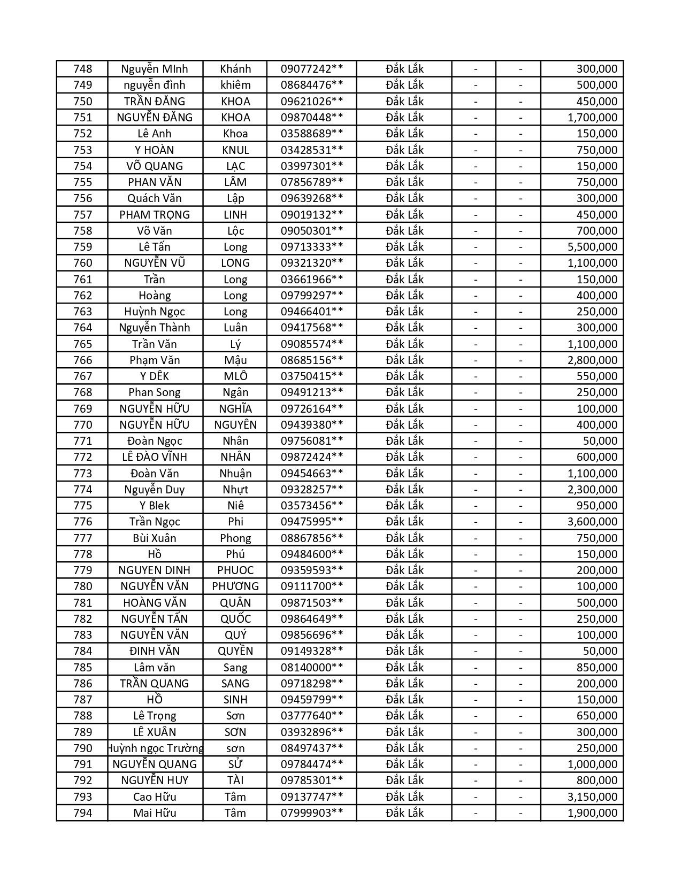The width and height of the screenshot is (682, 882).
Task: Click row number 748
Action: point(82,69)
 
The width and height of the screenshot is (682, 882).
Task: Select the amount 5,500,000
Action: point(592,247)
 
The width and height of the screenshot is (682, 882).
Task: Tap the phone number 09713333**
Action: point(311,247)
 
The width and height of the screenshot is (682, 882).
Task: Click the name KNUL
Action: point(235,150)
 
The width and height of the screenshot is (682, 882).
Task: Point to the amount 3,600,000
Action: point(592,522)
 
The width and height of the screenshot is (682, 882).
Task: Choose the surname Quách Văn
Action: point(155,198)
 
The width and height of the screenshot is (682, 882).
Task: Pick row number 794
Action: point(82,813)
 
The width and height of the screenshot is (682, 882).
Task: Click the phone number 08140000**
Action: point(311,668)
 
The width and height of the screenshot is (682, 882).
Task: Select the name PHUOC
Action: point(235,570)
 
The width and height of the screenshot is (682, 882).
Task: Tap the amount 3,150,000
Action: point(592,797)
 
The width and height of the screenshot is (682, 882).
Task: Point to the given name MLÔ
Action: point(235,376)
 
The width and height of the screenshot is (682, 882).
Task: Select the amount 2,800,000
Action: point(592,360)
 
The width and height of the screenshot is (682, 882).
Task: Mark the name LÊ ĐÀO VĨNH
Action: point(155,457)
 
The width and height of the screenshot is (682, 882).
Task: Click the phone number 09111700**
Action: point(311,586)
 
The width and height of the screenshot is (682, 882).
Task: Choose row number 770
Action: point(82,425)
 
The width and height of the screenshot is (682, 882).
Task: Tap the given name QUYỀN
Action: point(235,651)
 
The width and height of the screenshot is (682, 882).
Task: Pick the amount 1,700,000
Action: point(592,118)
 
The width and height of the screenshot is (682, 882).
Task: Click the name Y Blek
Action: point(155,506)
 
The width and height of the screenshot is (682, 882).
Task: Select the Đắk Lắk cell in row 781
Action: point(404,603)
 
